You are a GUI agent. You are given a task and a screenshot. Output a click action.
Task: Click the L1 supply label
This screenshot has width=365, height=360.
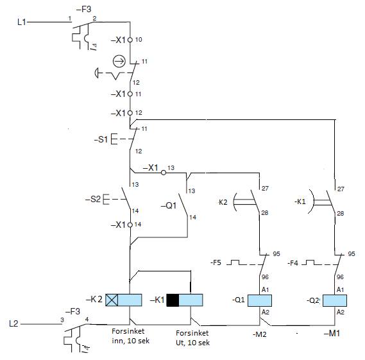pos(22,22)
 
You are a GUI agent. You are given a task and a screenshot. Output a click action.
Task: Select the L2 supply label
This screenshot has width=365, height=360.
pos(13,323)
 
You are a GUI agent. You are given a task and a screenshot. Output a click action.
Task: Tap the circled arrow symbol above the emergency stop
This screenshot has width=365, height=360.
pos(119,62)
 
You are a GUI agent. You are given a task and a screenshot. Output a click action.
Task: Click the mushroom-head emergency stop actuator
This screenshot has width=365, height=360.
pos(96,73)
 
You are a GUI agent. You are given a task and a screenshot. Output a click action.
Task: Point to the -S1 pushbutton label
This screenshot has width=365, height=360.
pos(101,139)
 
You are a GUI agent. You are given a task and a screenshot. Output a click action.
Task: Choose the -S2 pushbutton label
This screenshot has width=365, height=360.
pos(93,199)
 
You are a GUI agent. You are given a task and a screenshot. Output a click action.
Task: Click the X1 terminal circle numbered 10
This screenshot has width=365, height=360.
pos(130,40)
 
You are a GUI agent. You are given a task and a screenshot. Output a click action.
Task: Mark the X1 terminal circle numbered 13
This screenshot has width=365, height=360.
pos(164,173)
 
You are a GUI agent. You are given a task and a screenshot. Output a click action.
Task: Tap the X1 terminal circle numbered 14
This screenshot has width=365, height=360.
pos(130,225)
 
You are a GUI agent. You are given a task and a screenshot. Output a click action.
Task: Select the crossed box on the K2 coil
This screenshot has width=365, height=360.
pos(112,300)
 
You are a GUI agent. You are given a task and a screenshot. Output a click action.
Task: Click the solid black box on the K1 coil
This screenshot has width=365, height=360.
pos(173,300)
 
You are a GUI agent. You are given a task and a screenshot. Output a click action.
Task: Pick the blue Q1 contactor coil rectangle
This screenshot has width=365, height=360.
pos(260,300)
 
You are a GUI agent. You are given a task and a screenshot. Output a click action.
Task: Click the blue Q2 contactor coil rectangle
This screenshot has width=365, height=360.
pos(335,300)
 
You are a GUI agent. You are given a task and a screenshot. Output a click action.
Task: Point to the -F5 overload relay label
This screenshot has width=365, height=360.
pos(216,262)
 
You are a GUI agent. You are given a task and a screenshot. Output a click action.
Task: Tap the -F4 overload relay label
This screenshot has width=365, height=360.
pos(293,263)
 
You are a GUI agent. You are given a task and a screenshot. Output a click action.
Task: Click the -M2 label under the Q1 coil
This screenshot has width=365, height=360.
pos(260,334)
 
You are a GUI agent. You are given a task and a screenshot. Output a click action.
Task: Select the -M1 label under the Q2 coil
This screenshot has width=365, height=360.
pos(332,334)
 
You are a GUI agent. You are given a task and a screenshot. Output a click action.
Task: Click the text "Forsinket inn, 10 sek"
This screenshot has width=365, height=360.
pos(130,336)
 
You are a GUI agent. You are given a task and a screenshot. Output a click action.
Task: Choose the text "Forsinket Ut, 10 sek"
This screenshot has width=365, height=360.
pos(192,338)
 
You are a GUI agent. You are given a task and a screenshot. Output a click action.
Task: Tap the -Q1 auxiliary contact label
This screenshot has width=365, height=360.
pos(169,205)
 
